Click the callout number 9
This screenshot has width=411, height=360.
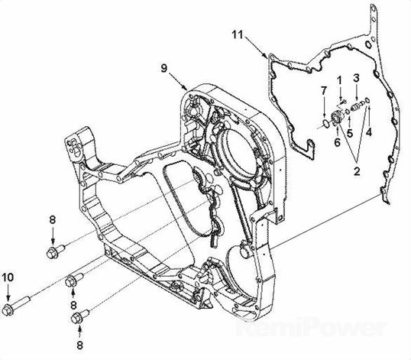coord(163,69)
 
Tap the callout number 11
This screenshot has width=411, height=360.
coord(238,34)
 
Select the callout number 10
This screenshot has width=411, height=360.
coord(8,277)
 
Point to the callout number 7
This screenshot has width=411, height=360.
coord(324,91)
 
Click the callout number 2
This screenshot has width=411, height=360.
coord(357,171)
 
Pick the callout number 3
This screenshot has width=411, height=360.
coord(356,78)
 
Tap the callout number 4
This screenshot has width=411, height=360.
coord(369,132)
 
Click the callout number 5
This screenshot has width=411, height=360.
coord(350,134)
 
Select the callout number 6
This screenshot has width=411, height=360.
coord(337,142)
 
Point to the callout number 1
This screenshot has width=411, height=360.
coord(339,80)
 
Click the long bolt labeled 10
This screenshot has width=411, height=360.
coord(16,306)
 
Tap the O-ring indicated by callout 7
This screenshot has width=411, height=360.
coord(325,124)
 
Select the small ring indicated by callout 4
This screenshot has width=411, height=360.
coord(367,100)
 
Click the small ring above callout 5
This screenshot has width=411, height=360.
coord(348,112)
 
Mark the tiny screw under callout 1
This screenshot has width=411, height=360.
coord(343,102)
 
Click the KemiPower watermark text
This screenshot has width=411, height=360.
coord(311,326)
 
